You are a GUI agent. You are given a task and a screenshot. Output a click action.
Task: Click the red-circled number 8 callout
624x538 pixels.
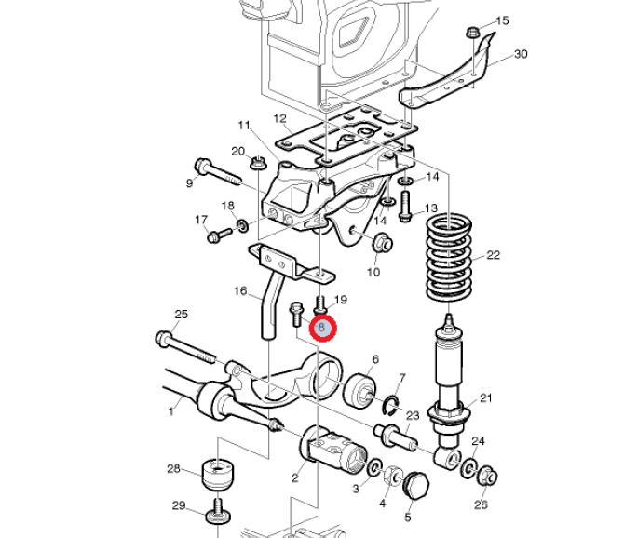pyautogui.click(x=323, y=328)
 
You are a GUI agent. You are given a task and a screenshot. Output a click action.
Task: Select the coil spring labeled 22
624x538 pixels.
pyautogui.click(x=449, y=259)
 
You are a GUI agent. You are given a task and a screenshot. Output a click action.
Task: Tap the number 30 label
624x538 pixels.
pyautogui.click(x=521, y=54)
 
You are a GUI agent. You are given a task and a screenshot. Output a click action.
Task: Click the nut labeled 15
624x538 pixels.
pyautogui.click(x=472, y=33)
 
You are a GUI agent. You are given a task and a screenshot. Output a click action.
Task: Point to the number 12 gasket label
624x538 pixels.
pyautogui.click(x=279, y=118)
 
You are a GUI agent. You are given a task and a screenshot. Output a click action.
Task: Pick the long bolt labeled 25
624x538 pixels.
pyautogui.click(x=186, y=348)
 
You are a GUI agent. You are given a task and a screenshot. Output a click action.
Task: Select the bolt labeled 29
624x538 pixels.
pyautogui.click(x=218, y=512)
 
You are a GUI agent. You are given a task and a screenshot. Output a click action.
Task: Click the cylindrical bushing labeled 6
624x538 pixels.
pyautogui.click(x=359, y=391)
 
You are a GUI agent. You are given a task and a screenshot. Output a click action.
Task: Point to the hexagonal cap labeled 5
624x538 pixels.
pyautogui.click(x=416, y=486)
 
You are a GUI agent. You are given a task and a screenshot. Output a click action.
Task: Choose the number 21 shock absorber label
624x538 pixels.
pyautogui.click(x=485, y=398)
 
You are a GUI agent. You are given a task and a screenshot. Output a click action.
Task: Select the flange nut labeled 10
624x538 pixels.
pyautogui.click(x=383, y=243)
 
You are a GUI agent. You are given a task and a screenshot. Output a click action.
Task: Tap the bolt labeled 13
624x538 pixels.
pyautogui.click(x=405, y=207)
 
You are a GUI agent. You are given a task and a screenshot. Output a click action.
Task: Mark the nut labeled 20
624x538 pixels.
pyautogui.click(x=257, y=162)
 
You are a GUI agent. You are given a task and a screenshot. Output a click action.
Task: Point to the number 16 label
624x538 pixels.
pyautogui.click(x=240, y=291)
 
